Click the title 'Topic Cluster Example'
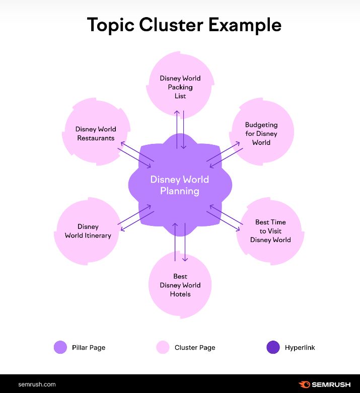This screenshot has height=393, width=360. click(184, 24)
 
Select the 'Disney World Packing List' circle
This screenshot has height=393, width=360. click(180, 86)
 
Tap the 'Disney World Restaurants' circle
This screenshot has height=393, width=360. click(96, 133)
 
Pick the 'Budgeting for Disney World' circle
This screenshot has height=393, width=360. click(261, 133)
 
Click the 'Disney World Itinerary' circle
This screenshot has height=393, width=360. click(88, 231)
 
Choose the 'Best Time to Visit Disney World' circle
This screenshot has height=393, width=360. click(270, 231)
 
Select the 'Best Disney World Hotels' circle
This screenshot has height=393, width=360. click(180, 285)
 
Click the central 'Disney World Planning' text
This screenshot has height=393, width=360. click(180, 185)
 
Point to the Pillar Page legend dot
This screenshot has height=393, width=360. click(60, 347)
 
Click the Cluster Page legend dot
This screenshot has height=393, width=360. click(163, 347)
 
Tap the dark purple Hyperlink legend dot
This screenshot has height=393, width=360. click(273, 347)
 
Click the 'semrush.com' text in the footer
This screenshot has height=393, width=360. click(37, 384)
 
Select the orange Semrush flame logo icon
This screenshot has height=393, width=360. click(304, 384)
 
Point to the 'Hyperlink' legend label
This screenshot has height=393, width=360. click(300, 347)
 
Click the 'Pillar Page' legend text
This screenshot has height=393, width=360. click(89, 347)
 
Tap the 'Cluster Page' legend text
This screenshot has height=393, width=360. click(195, 347)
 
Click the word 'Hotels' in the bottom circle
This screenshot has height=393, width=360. click(180, 294)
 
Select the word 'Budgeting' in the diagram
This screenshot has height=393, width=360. click(261, 125)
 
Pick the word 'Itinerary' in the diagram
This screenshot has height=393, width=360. click(98, 235)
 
